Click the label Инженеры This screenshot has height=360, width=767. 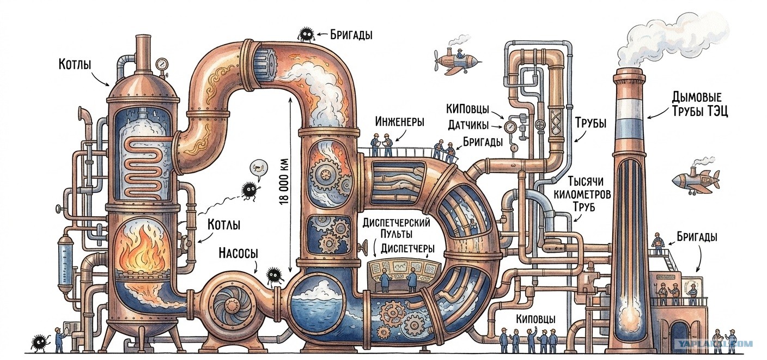[399, 121]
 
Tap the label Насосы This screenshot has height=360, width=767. [238, 254]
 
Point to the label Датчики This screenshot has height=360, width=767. [468, 125]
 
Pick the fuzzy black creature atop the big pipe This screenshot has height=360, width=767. [306, 34]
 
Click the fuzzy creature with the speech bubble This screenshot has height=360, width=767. [249, 190]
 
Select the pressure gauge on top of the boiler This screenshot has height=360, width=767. [161, 64]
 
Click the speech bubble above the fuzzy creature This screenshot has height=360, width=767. [258, 169]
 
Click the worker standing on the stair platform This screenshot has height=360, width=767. [657, 245]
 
